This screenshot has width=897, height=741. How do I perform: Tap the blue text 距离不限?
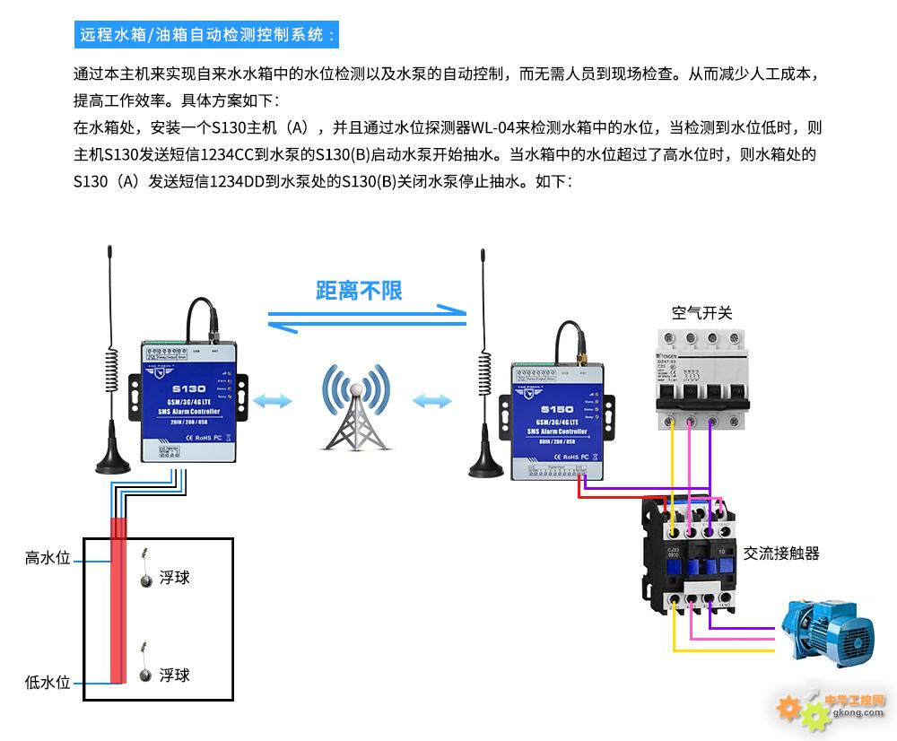[359, 290]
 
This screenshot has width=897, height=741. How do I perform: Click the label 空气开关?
[702, 313]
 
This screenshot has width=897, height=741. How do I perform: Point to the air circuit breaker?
[701, 373]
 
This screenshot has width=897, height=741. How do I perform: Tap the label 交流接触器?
[781, 554]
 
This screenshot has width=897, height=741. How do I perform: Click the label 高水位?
[48, 559]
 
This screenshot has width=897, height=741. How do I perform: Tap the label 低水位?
[48, 683]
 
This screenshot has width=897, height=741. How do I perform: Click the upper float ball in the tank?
[144, 579]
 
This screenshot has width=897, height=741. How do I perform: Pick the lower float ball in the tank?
[144, 676]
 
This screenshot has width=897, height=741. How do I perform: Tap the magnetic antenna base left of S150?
[485, 466]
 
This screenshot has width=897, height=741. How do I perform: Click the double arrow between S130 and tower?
[273, 400]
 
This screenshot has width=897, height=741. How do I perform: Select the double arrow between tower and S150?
[432, 400]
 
